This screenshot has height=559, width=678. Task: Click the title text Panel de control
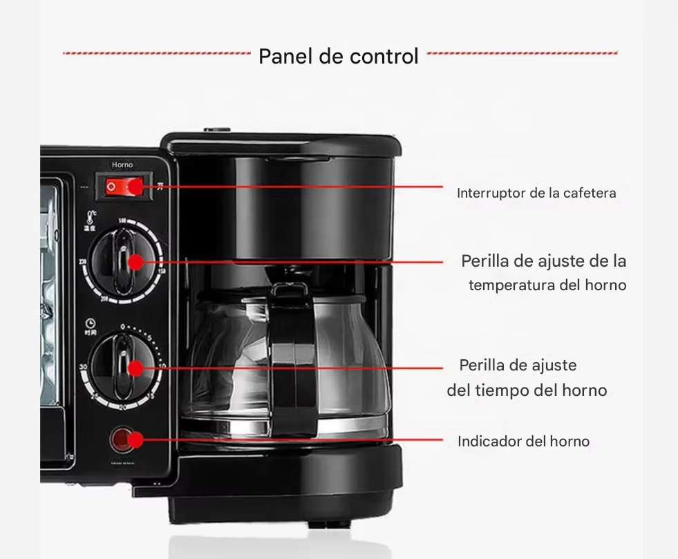click(x=338, y=56)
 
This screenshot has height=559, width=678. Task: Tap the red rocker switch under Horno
click(x=124, y=187)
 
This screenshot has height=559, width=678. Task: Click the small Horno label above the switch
click(x=122, y=165)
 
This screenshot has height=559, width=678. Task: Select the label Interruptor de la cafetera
click(x=536, y=193)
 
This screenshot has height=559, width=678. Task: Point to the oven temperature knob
click(x=125, y=262)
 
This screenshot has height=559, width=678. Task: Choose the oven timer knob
click(x=124, y=367)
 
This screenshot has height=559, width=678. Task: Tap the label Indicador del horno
click(x=523, y=441)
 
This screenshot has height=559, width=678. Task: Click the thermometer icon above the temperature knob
click(x=91, y=216)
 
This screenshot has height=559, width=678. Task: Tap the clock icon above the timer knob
click(x=91, y=323)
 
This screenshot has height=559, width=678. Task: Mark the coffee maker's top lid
click(x=281, y=144)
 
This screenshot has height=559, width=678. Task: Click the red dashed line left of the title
click(x=156, y=53)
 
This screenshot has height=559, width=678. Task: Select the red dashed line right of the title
click(x=522, y=53)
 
